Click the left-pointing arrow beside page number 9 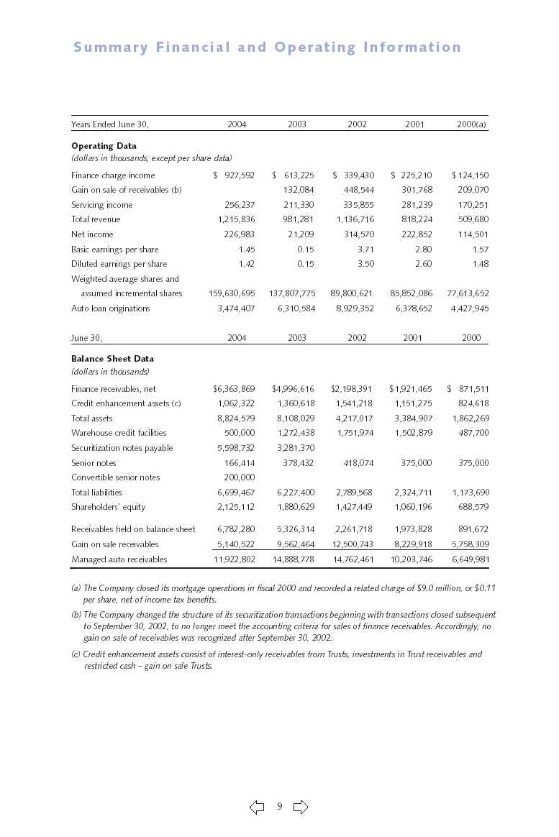(257, 808)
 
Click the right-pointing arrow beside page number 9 (301, 808)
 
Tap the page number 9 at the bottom (279, 807)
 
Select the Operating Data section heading (104, 146)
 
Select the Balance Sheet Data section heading (112, 358)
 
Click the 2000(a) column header (472, 124)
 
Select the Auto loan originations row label (111, 308)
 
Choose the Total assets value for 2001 (414, 418)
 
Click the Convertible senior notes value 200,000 (239, 477)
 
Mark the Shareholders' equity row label (108, 507)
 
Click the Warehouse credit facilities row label (119, 433)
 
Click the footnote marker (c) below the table (76, 654)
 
